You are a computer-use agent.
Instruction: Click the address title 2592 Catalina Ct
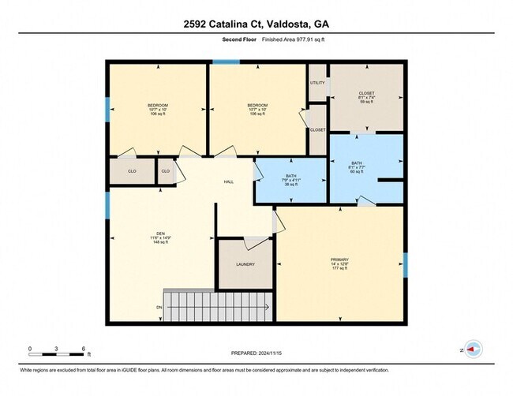click(256, 24)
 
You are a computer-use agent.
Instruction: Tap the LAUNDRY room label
click(245, 264)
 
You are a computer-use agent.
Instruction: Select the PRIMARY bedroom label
click(340, 258)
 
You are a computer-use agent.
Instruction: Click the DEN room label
click(160, 233)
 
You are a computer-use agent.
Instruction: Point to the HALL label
click(229, 181)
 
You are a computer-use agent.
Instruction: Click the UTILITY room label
click(317, 82)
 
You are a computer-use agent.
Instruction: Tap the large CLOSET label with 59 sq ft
click(366, 93)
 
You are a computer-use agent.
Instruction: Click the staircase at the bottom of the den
click(217, 305)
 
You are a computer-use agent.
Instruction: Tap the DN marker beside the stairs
click(159, 307)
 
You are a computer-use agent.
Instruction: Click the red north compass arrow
click(474, 347)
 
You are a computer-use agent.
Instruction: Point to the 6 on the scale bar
click(84, 348)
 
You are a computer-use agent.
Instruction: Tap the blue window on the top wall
click(227, 62)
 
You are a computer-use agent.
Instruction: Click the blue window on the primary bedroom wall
click(405, 265)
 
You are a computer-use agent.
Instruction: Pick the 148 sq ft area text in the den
click(160, 242)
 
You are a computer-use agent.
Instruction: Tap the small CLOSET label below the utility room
click(317, 129)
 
